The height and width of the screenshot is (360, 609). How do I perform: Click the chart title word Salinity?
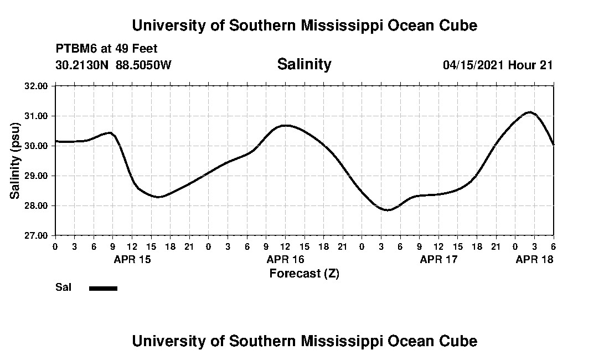click(304, 64)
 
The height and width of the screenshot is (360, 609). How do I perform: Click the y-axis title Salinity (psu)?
click(15, 161)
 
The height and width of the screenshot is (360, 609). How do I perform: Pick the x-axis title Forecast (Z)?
click(304, 273)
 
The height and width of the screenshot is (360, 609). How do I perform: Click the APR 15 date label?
click(132, 259)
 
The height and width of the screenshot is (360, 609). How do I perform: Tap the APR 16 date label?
click(286, 259)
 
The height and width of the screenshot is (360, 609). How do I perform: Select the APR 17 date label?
click(439, 259)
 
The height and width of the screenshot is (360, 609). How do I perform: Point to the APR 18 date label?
click(534, 259)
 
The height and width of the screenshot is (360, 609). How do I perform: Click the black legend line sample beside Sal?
click(103, 288)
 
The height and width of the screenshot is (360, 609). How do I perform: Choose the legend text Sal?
click(62, 287)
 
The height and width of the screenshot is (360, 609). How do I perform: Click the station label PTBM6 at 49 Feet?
click(106, 49)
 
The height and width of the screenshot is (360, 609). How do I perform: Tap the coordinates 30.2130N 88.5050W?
click(113, 65)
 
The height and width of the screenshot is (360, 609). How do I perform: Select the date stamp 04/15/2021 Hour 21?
click(498, 65)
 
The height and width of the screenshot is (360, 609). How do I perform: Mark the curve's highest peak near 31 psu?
click(530, 112)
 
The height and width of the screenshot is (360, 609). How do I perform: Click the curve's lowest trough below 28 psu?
click(388, 210)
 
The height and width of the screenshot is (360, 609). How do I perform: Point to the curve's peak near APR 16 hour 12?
click(285, 126)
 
